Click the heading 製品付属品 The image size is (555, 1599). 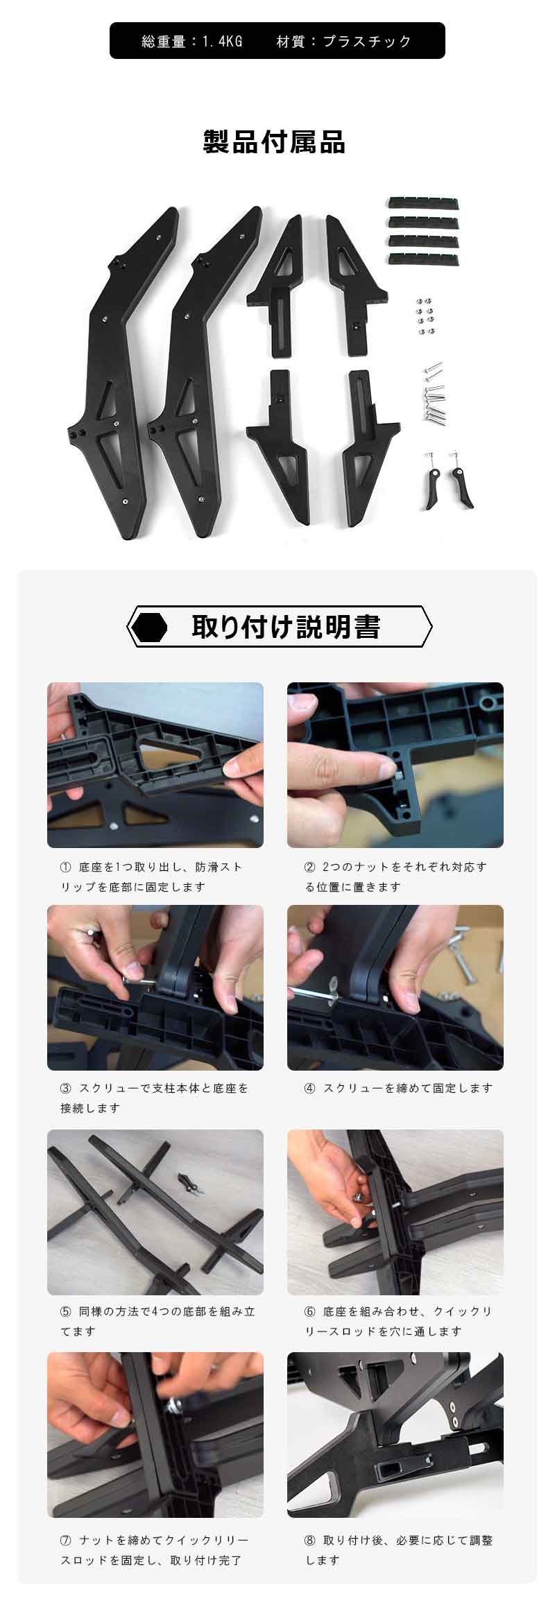(274, 142)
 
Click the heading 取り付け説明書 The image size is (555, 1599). (286, 626)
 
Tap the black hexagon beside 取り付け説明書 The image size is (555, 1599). (150, 627)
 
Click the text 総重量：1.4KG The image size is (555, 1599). (192, 42)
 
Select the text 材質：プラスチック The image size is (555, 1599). (344, 42)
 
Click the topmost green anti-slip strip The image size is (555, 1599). (423, 202)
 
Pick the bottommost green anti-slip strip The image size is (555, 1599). (423, 259)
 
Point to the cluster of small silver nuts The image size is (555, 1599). (425, 315)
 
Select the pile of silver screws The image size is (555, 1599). (432, 392)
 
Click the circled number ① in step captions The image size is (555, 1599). (66, 867)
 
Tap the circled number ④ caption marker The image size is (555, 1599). (309, 1088)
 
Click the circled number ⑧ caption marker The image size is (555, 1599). (309, 1540)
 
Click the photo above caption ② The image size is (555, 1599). (395, 765)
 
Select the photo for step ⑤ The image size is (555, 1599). (155, 1213)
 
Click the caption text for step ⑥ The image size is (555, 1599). (398, 1321)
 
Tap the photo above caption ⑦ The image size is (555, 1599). (155, 1435)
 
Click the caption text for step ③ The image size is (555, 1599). (154, 1098)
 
